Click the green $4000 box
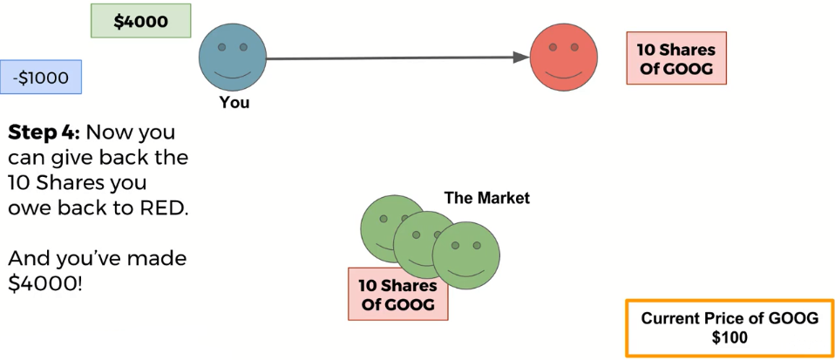pos(140,22)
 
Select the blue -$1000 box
pos(41,78)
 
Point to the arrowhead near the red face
pos(521,58)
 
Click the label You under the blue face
pos(234,103)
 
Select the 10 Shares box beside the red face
pos(675,58)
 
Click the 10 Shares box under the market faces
pos(397,295)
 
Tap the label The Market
pos(486,198)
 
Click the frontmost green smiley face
pos(466,255)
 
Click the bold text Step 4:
pos(44,133)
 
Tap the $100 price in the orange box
pos(730,336)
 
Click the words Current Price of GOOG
pos(730,318)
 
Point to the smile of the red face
pos(566,71)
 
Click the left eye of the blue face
pos(221,46)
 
